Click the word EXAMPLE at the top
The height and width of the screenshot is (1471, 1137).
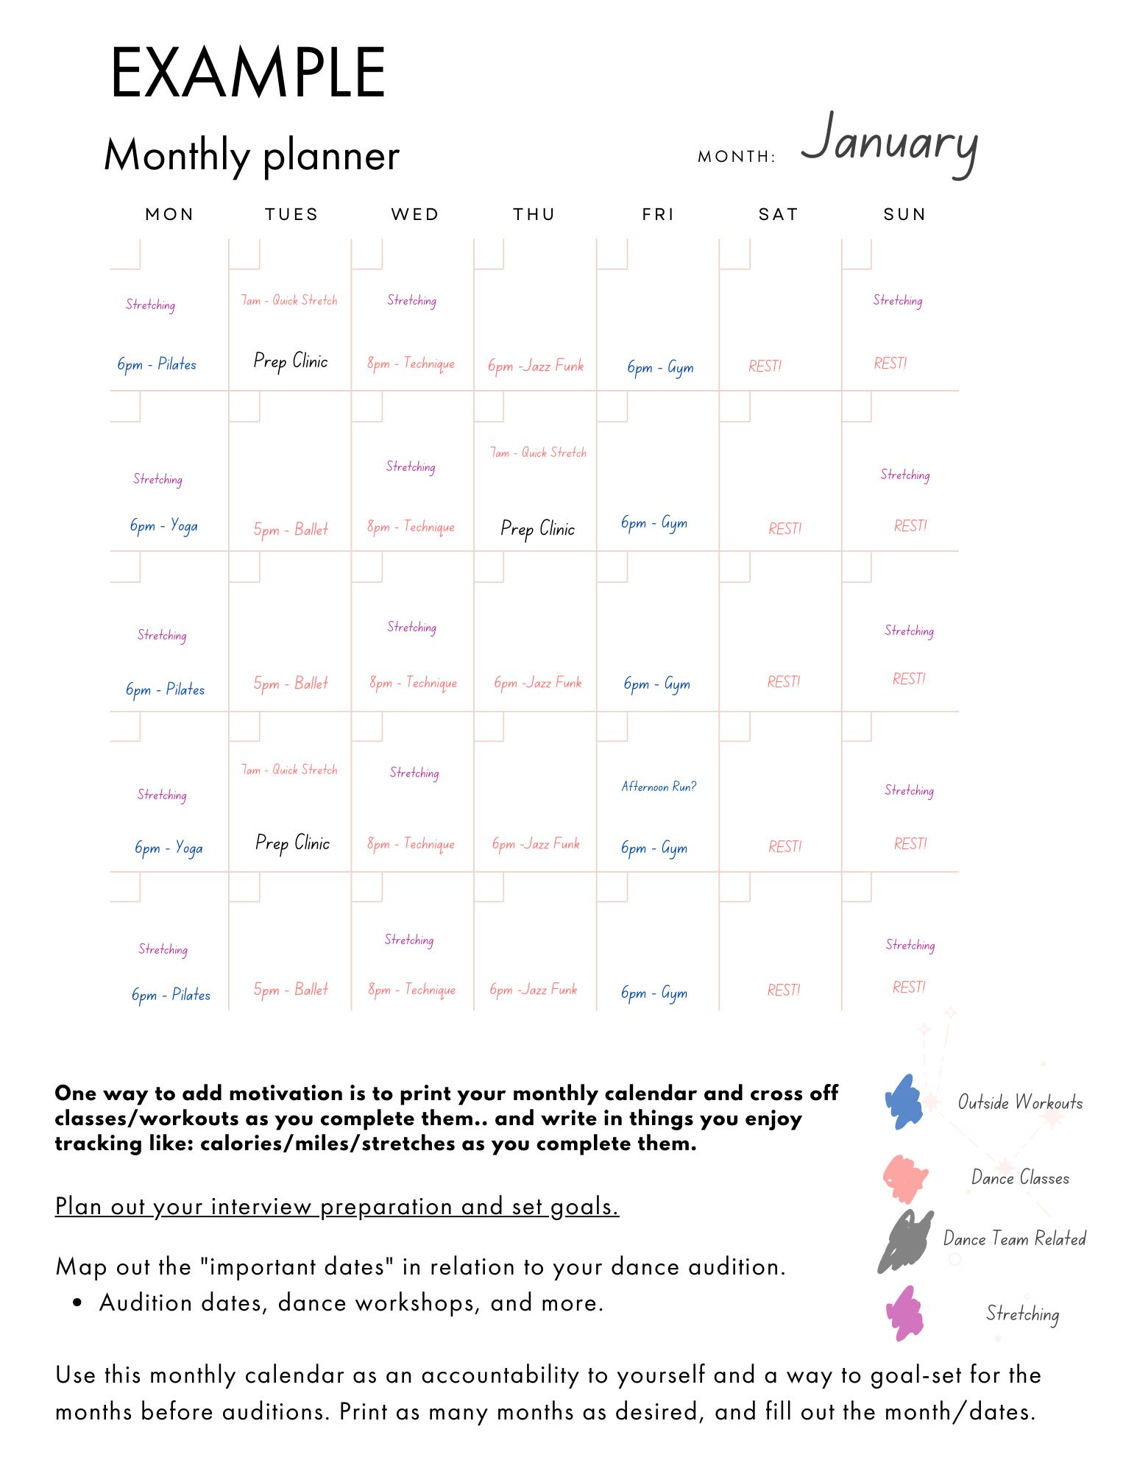click(x=248, y=73)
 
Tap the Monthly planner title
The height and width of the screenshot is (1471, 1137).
click(x=252, y=155)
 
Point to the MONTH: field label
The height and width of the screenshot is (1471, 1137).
click(x=737, y=157)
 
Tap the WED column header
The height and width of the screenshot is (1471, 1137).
click(x=415, y=214)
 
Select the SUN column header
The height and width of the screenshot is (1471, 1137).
click(x=904, y=214)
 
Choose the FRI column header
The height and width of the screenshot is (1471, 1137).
click(x=658, y=214)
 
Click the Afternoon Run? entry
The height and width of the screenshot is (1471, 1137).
click(x=659, y=787)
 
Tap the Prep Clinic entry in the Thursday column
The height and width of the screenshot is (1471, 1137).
click(x=538, y=529)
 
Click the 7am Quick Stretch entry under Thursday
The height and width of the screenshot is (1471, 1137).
click(x=539, y=453)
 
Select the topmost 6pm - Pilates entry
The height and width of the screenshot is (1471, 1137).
click(x=157, y=364)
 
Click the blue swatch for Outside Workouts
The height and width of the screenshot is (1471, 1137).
click(x=904, y=1102)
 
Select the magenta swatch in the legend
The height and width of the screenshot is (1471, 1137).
click(x=905, y=1314)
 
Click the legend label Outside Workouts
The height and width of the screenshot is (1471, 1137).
click(x=1020, y=1102)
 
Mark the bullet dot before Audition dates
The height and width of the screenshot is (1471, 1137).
click(x=77, y=1303)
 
